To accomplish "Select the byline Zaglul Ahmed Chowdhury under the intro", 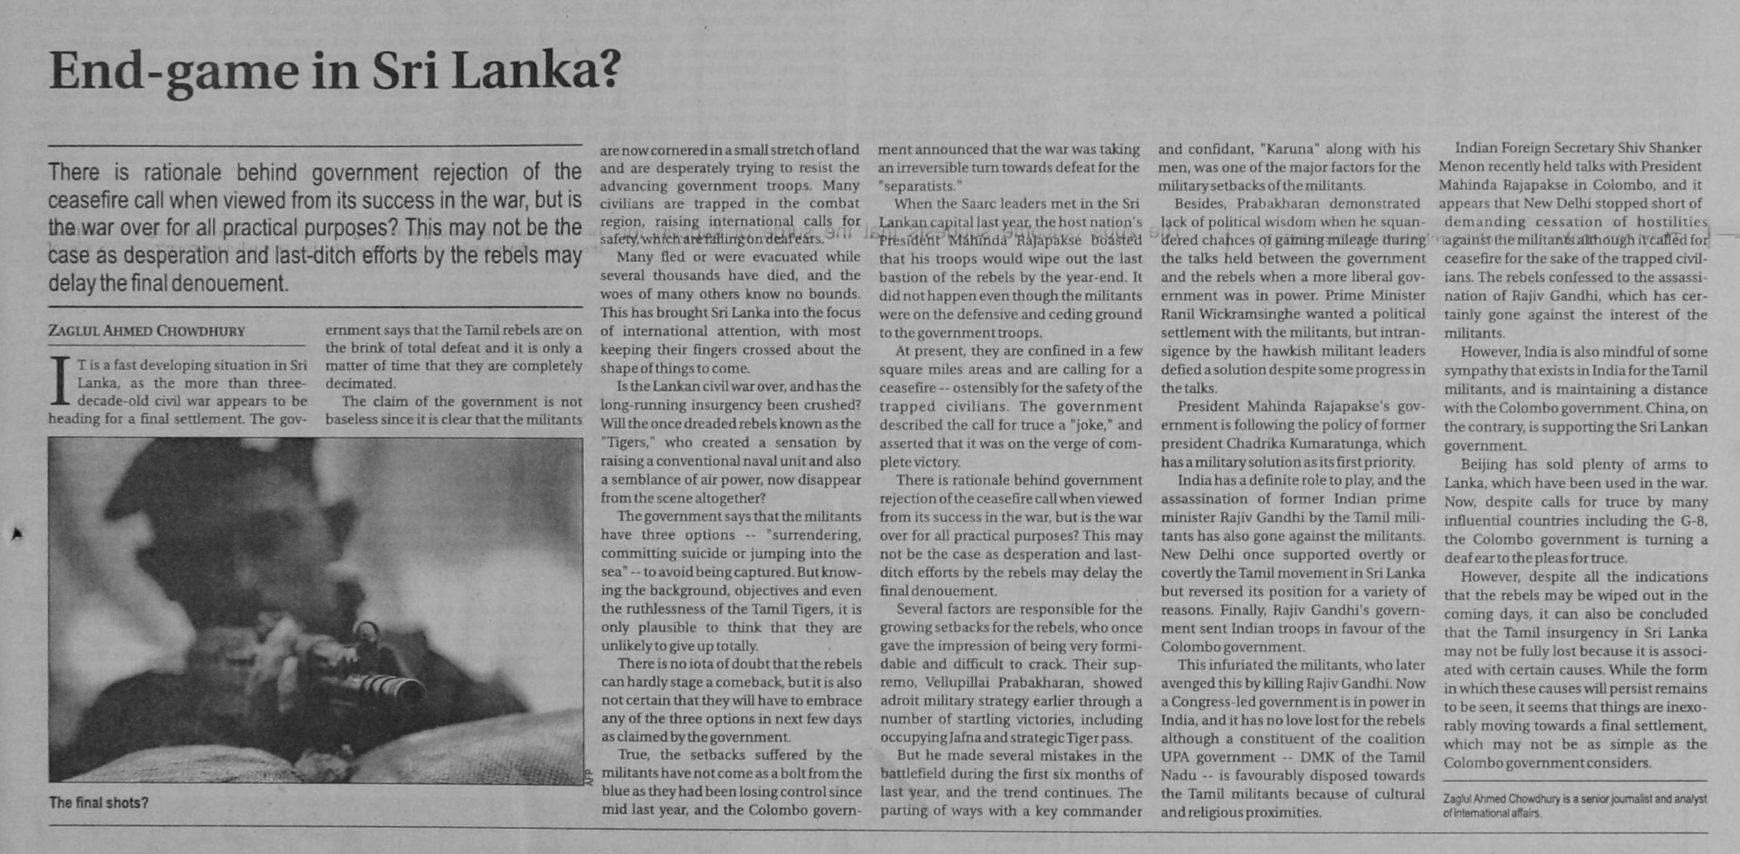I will (147, 331).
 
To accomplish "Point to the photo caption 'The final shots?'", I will (99, 803).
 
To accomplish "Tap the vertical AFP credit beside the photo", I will (589, 776).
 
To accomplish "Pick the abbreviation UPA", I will (1175, 757).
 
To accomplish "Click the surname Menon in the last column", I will (1463, 167).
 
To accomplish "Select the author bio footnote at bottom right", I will (1574, 805).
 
